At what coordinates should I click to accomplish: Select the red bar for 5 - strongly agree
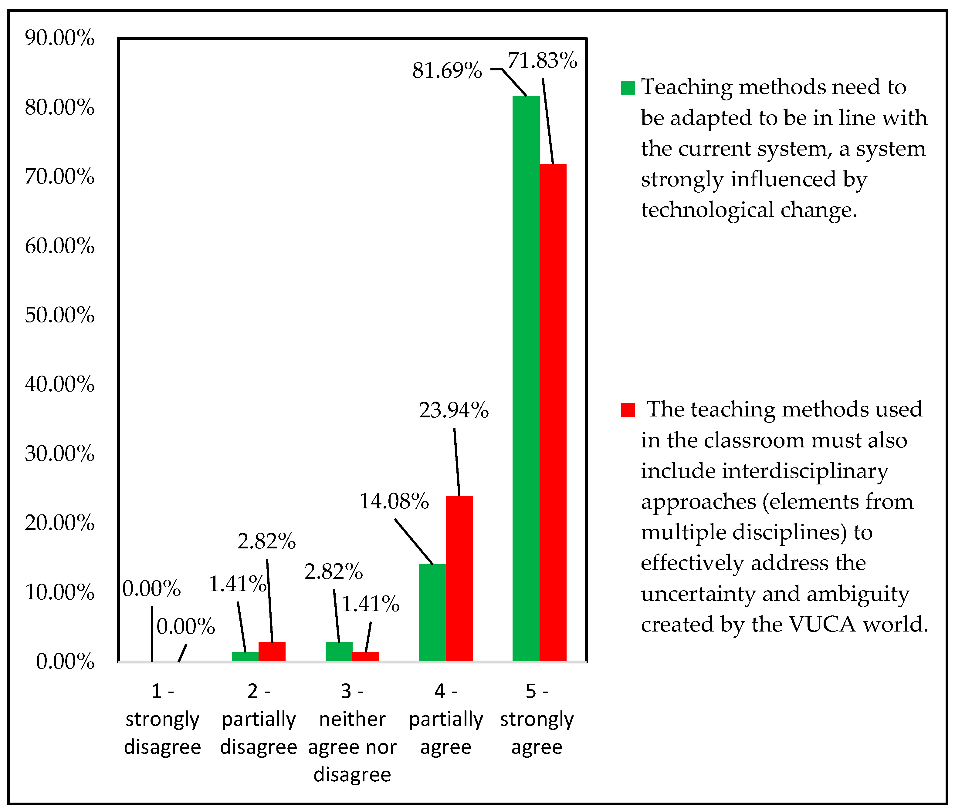pos(553,412)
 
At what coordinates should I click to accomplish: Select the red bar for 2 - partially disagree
pos(272,651)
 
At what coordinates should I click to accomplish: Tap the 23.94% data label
pos(454,410)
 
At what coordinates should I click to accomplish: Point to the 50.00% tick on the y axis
pos(59,315)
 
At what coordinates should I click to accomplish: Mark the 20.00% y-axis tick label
pos(59,523)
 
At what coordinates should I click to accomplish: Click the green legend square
pos(628,87)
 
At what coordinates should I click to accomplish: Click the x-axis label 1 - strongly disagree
pos(162,719)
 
